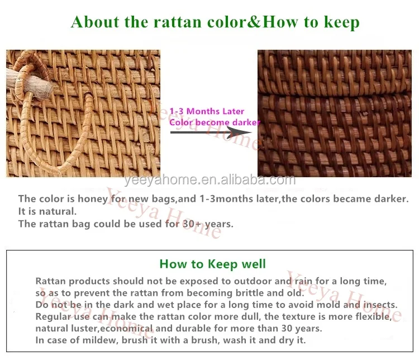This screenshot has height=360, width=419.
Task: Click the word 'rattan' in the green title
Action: (x=177, y=22)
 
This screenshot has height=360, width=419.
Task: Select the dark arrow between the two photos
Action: (x=211, y=132)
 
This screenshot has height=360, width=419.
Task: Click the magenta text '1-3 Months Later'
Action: (x=207, y=111)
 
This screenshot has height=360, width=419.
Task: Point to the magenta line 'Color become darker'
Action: (x=215, y=122)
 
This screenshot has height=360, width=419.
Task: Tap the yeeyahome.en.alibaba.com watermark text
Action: (x=210, y=180)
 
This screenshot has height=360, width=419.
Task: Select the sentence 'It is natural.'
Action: (x=47, y=211)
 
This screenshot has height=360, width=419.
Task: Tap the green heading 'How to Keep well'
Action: (x=213, y=264)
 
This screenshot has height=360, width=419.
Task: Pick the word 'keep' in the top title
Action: (x=341, y=22)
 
